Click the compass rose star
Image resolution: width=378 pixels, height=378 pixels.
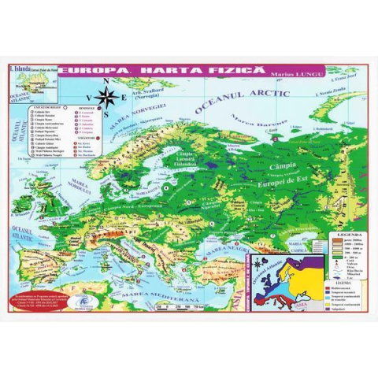click(109, 98)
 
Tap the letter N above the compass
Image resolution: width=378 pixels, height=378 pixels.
click(108, 81)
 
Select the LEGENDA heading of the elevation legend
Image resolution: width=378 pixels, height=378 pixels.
click(349, 235)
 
